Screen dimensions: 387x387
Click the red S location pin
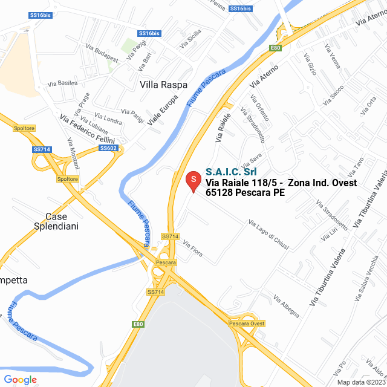click(193, 180)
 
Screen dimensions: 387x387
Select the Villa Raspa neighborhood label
click(163, 85)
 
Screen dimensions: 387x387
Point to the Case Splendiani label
click(56, 221)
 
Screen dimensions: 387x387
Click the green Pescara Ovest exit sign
click(247, 324)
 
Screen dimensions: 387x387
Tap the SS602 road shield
click(108, 148)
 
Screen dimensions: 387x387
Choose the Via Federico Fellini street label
click(87, 128)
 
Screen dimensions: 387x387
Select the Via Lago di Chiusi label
click(268, 234)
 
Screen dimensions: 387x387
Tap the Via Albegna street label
click(286, 307)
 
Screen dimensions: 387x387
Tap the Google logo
click(20, 380)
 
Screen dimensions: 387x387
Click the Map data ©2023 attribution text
click(361, 382)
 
